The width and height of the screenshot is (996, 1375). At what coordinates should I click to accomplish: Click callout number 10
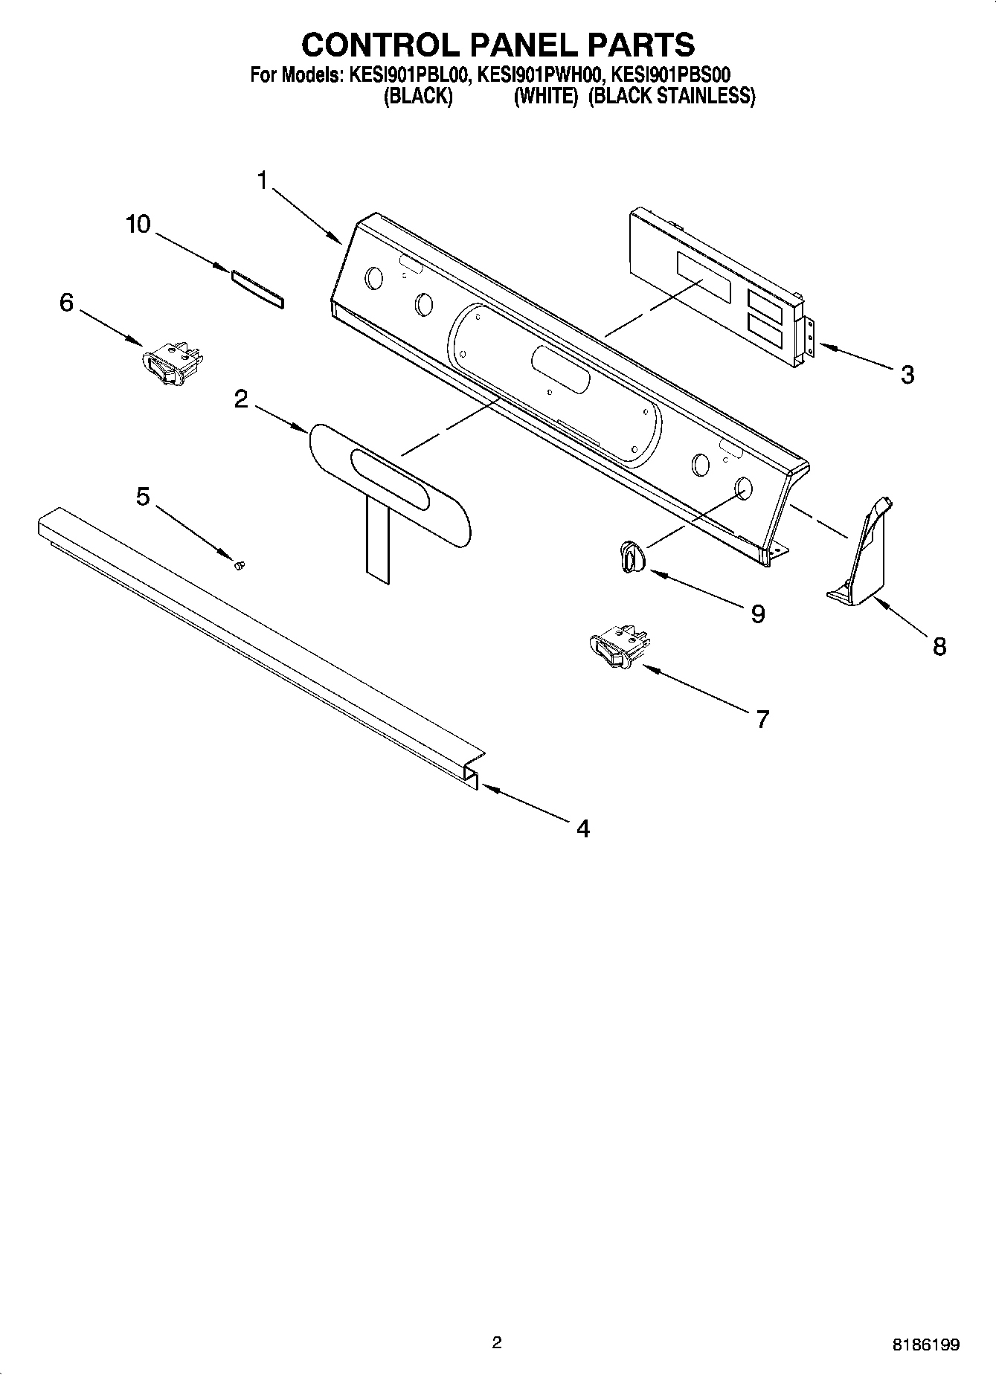(138, 224)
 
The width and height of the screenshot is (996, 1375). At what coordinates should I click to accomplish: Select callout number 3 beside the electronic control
(907, 374)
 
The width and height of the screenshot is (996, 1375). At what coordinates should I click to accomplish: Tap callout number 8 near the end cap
(939, 646)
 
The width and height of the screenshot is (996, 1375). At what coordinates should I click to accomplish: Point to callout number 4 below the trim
(583, 828)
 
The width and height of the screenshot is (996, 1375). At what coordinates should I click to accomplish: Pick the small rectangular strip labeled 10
(257, 289)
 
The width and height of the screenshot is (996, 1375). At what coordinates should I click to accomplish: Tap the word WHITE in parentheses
(546, 97)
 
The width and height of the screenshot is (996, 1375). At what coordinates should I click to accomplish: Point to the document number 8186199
(925, 1345)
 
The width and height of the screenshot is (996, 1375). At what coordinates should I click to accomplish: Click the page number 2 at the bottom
(497, 1342)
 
